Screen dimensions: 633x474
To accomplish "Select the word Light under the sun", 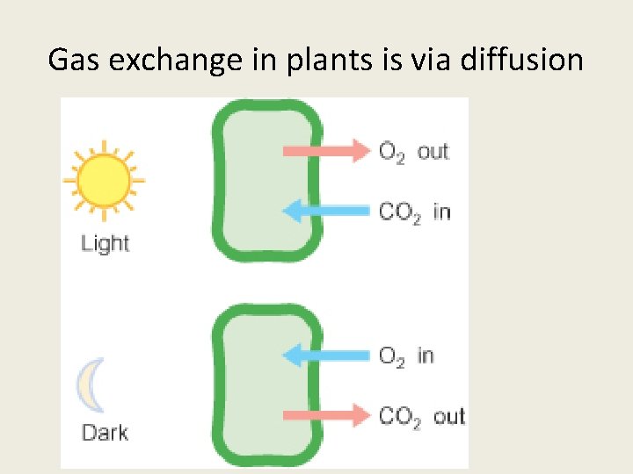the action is coord(105,243).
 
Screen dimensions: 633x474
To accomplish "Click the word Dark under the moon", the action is coord(105,432).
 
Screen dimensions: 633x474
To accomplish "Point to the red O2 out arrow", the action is coord(326,151).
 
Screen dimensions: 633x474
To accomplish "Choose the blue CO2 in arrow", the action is coord(326,211).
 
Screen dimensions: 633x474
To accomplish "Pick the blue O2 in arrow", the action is coord(326,355).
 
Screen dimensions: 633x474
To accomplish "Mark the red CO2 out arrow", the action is coord(326,415).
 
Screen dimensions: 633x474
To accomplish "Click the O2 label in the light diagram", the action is coord(392,152).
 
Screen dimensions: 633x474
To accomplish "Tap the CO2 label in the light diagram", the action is coord(400,212).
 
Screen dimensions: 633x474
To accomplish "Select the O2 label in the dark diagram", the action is coord(392,356).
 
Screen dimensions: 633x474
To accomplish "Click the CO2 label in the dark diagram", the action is coord(400,416).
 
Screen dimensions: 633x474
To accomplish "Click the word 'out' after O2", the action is coord(433,151).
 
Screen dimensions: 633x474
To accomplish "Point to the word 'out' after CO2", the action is coord(448,415).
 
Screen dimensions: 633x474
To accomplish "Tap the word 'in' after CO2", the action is coord(441,211).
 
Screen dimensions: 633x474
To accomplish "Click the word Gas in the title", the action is coord(72,60).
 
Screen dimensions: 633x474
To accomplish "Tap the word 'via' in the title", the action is coord(431,60).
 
